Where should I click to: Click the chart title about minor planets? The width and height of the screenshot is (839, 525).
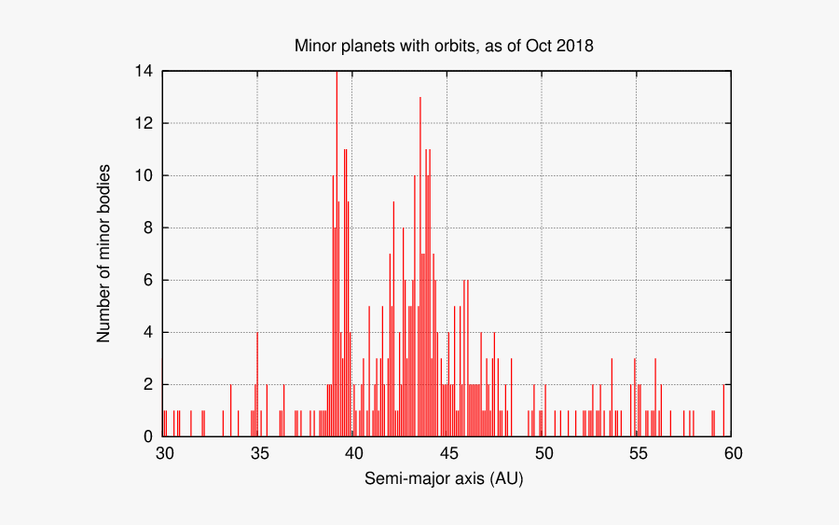[444, 45]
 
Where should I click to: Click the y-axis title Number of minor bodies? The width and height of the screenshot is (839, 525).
[104, 254]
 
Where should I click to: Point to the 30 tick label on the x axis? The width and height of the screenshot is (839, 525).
[164, 453]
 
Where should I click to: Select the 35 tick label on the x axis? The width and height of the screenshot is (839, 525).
[259, 453]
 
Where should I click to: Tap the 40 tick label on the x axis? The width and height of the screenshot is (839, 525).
[353, 453]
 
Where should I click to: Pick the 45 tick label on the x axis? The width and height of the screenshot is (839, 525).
[448, 453]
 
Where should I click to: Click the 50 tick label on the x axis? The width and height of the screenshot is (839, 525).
[543, 453]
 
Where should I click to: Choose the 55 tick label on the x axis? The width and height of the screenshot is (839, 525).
[638, 453]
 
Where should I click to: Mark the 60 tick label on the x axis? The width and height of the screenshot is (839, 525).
[732, 453]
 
